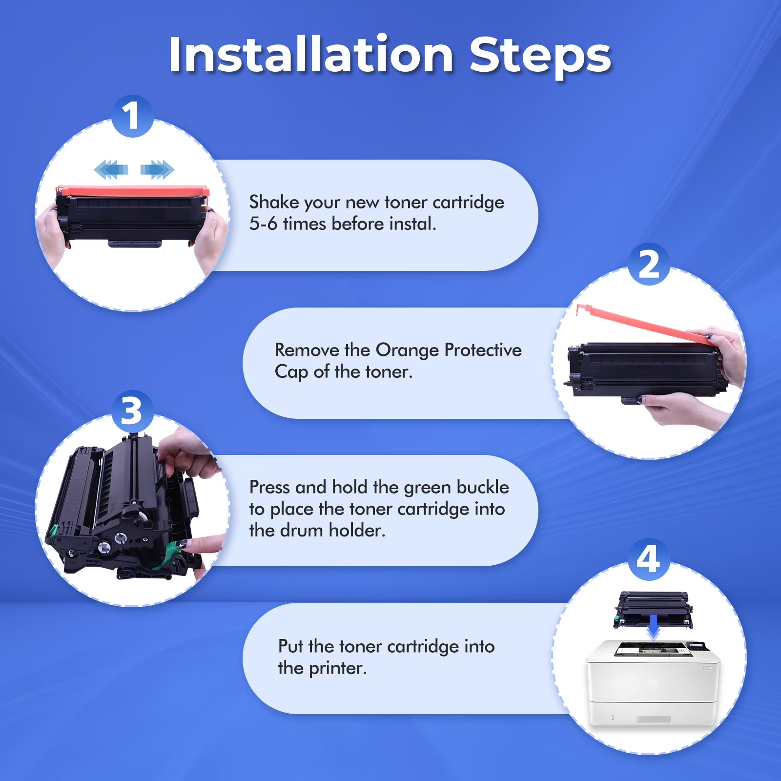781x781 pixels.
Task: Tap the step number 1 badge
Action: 132,116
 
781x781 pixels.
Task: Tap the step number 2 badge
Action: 649,264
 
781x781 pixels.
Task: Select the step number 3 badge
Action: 132,411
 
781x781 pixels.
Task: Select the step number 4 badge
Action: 649,559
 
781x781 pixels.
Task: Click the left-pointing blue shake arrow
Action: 111,169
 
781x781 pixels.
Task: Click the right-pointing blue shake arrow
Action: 157,169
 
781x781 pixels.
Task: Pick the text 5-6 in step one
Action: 263,224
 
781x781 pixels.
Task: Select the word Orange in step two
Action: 407,350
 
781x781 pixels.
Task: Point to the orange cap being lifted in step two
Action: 644,323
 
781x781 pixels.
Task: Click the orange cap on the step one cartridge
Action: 132,190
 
